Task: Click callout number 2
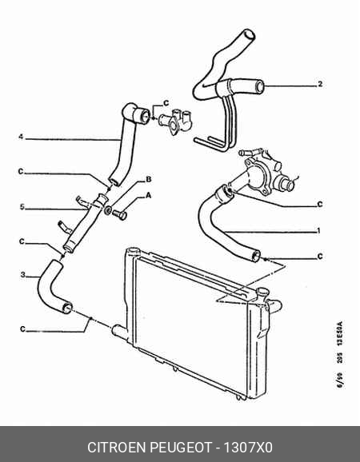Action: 320,84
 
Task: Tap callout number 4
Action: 21,137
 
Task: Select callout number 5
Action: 22,207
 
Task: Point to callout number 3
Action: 23,275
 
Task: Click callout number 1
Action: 318,231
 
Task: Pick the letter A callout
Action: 148,195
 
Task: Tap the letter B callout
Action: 149,179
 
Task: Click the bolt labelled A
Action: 120,214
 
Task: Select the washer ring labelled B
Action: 108,210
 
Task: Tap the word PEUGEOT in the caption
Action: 182,448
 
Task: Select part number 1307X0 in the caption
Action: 248,448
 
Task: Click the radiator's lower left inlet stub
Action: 119,330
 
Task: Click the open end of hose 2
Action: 259,86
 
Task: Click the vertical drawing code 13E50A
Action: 340,333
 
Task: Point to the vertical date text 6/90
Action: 340,380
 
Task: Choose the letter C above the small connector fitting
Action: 166,103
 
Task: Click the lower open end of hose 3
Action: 67,308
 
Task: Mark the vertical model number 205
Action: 340,357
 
